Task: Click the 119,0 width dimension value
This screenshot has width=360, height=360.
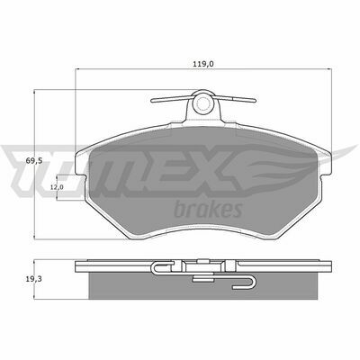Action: point(203,64)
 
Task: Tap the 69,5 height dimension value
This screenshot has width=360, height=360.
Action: point(34,161)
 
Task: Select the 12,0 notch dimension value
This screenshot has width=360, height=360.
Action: point(57,187)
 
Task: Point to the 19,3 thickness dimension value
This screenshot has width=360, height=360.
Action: point(33,279)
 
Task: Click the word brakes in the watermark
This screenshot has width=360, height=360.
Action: point(208,209)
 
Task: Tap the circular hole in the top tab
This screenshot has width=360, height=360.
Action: point(202,103)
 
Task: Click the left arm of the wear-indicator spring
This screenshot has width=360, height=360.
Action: point(172,99)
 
